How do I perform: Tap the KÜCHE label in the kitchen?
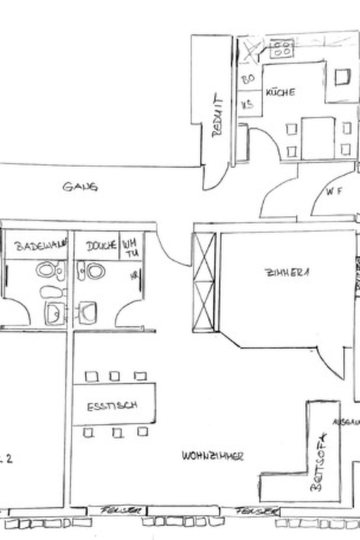coord(280,92)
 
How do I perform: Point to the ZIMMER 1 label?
coord(287,273)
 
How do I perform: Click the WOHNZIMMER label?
coord(213,456)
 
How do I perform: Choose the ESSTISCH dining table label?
coord(112,406)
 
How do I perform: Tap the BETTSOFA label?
coord(319,462)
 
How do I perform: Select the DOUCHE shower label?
coord(101,245)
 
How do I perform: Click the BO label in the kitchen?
coord(248,79)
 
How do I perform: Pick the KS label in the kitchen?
coord(247,104)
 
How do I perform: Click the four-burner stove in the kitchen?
coord(282,49)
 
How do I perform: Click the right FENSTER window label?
coord(256,511)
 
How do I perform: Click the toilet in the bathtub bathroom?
coord(50,271)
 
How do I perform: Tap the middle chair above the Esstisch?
coord(114,377)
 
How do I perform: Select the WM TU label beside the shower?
coord(130,248)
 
